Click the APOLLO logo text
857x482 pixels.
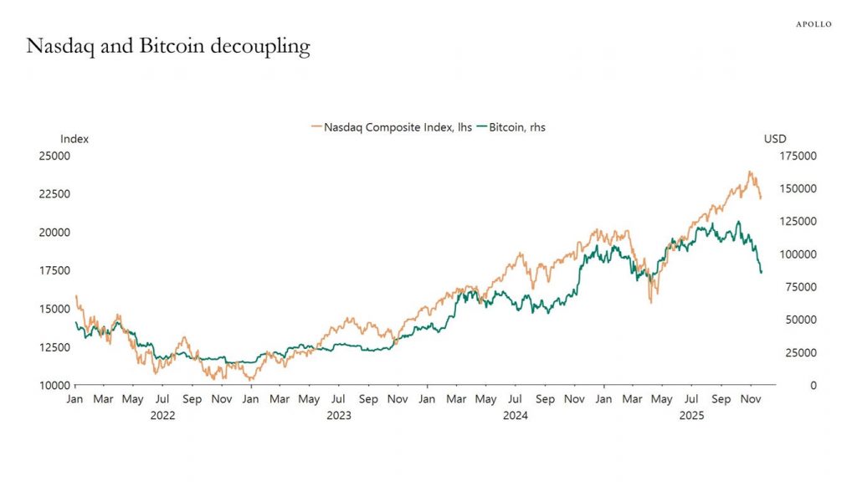click(813, 24)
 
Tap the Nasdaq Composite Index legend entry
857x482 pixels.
click(391, 127)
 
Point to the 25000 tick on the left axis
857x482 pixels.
click(54, 156)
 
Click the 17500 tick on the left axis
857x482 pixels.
click(54, 270)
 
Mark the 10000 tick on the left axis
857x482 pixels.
click(54, 385)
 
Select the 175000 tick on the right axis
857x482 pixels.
click(801, 156)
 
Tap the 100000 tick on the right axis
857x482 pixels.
click(801, 254)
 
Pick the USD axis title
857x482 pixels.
click(775, 139)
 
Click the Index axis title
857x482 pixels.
click(74, 139)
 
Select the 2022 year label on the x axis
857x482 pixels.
click(162, 414)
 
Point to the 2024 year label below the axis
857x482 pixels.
click(515, 414)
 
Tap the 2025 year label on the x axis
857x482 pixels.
click(690, 414)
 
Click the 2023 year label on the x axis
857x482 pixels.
click(338, 414)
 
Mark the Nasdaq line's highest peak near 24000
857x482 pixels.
click(750, 172)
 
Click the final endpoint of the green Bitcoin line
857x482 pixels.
click(761, 273)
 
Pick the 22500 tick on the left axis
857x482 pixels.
click(54, 194)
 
